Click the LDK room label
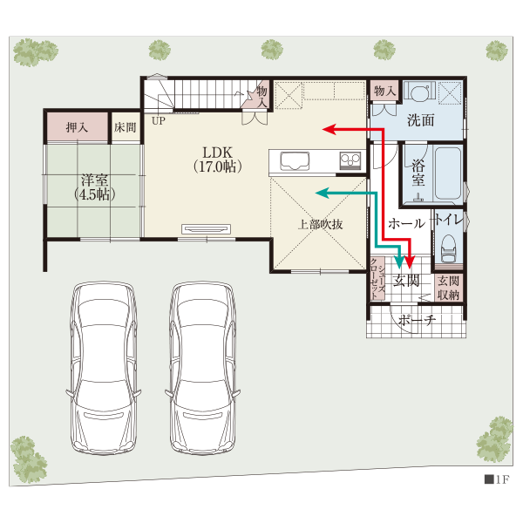(x=217, y=160)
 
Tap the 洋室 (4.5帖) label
(x=95, y=187)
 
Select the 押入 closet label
(x=77, y=127)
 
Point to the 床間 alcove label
(x=125, y=127)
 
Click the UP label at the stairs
(x=159, y=121)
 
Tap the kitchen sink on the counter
(x=295, y=161)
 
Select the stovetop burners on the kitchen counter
(x=350, y=160)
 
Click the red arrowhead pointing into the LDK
(x=329, y=129)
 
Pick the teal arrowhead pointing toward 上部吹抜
(x=323, y=193)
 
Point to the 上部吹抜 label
(x=320, y=225)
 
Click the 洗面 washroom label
(x=421, y=119)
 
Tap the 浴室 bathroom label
(x=418, y=173)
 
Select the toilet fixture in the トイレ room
(x=449, y=248)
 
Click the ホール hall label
(x=407, y=223)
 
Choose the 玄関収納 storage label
(x=449, y=288)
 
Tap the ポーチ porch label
(x=417, y=320)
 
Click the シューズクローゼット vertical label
(x=377, y=278)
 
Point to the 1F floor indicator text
(x=497, y=479)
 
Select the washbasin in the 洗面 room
(x=419, y=92)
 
